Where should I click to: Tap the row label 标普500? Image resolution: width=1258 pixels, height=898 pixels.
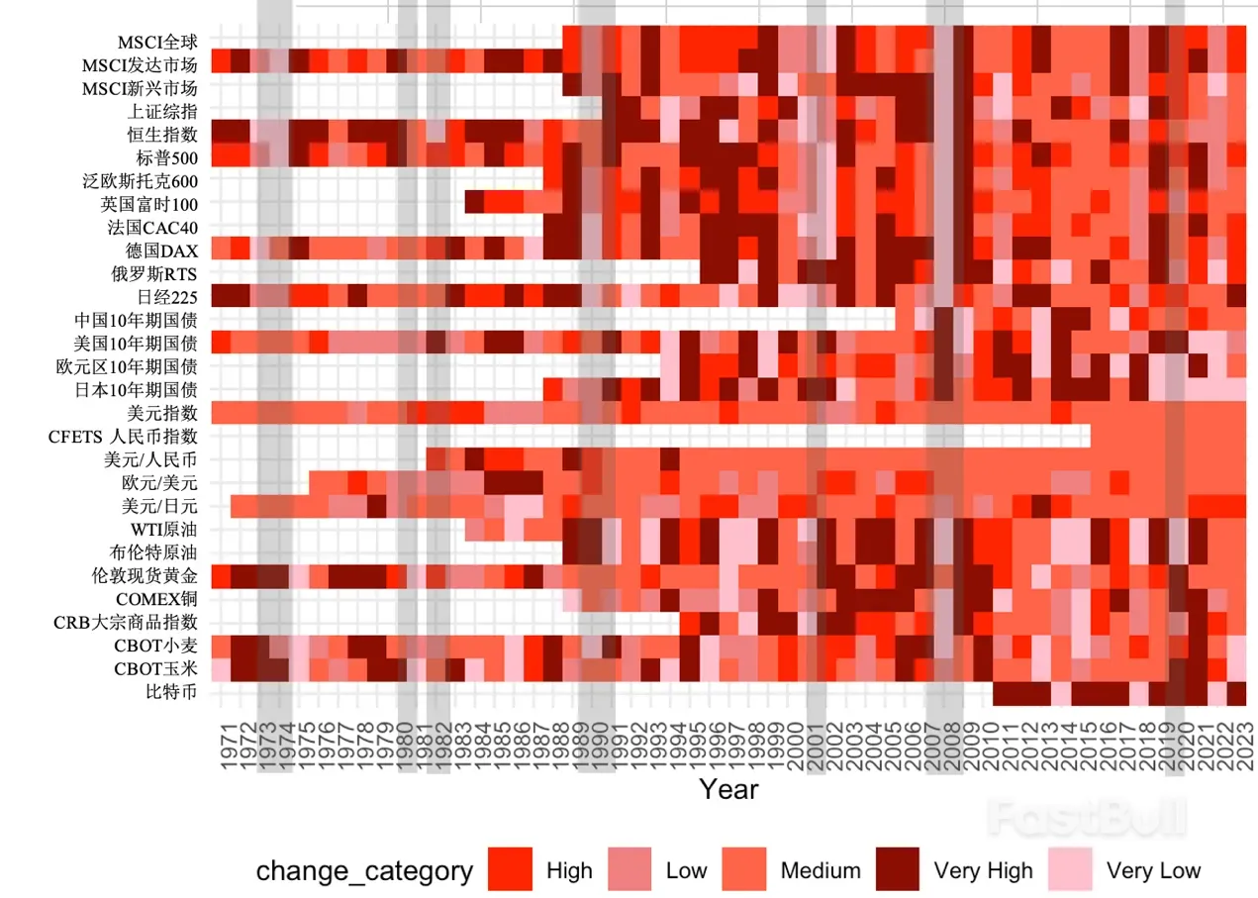click(166, 157)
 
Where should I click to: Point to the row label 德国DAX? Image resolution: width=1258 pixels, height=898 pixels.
click(161, 249)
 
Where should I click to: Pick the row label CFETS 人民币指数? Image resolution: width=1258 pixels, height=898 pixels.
click(124, 436)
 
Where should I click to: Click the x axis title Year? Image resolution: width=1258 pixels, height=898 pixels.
click(729, 789)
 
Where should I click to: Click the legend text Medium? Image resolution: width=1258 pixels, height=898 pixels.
click(821, 871)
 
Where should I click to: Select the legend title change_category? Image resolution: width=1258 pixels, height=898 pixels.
click(364, 871)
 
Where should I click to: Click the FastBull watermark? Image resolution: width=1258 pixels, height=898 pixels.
click(1087, 818)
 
